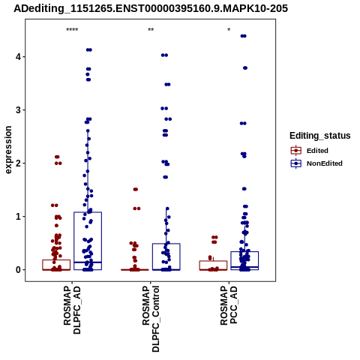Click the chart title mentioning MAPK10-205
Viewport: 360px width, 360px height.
tap(151, 9)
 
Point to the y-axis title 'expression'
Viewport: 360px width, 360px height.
tap(8, 150)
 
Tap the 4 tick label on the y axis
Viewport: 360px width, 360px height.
tap(18, 57)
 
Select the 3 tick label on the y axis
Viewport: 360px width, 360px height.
tap(18, 110)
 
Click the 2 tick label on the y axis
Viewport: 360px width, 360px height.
tap(18, 163)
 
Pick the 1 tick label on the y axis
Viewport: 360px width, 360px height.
tap(18, 217)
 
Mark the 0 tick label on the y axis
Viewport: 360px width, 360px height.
tap(18, 270)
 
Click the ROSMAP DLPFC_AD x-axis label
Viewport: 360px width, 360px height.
tap(72, 310)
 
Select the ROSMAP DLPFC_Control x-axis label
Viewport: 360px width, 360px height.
tap(151, 319)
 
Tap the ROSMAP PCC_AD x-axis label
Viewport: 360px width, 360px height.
tap(229, 305)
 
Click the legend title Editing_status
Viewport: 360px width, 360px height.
tap(320, 136)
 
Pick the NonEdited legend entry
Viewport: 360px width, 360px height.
tap(316, 163)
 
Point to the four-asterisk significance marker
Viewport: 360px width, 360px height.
tap(72, 30)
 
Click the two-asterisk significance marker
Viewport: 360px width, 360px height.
tap(151, 30)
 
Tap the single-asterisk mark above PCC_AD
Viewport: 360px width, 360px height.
tap(229, 30)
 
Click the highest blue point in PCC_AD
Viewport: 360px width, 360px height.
tap(243, 36)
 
